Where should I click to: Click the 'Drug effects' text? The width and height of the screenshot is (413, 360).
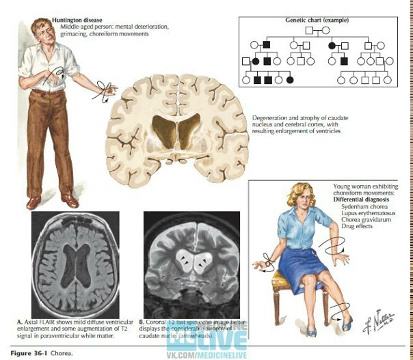coord(354,226)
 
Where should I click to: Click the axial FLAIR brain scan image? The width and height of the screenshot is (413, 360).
coord(75,263)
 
